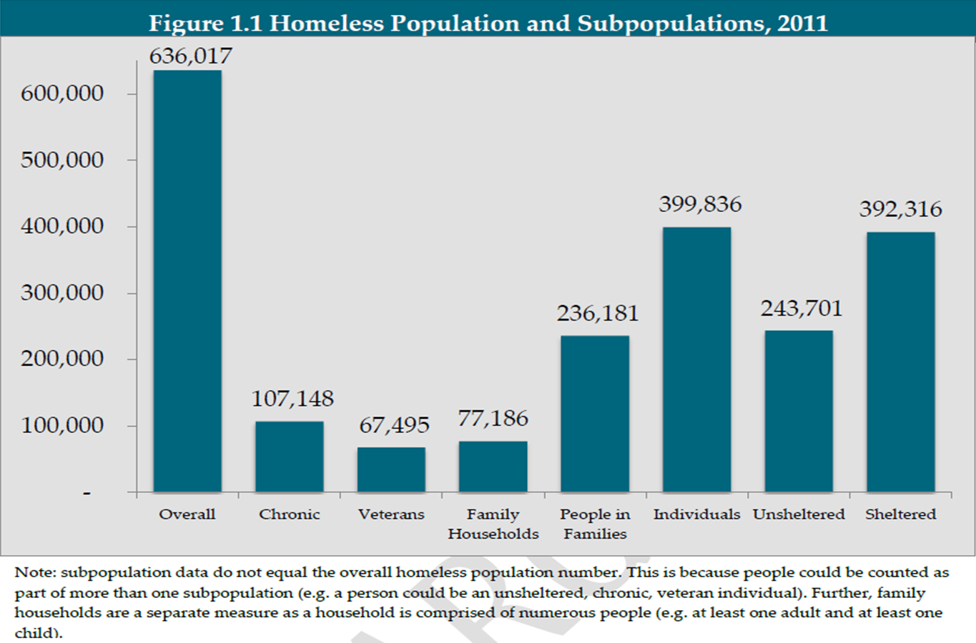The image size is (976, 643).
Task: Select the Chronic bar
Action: [x=290, y=457]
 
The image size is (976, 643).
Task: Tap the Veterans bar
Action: [x=391, y=469]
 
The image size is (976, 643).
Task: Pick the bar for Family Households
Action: [x=493, y=467]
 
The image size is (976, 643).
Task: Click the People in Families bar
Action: [x=595, y=414]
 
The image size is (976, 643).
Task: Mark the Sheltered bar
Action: [x=900, y=362]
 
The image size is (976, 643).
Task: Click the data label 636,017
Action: [x=190, y=56]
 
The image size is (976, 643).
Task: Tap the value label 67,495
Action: [x=394, y=425]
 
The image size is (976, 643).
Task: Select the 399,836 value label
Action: [x=700, y=204]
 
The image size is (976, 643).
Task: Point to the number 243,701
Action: [x=802, y=309]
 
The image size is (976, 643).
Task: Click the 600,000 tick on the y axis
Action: [x=62, y=93]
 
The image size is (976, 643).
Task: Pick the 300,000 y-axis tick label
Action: [x=62, y=292]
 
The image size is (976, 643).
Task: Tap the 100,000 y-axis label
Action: [x=62, y=425]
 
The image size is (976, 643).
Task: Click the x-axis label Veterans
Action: [x=391, y=514]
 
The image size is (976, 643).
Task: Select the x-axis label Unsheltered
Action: [x=799, y=514]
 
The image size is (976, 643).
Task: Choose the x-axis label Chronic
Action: [x=290, y=514]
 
